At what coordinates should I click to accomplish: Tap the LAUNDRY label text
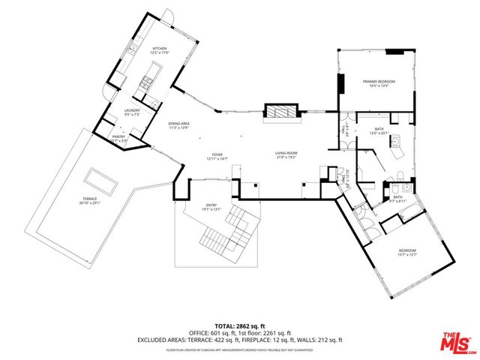132,112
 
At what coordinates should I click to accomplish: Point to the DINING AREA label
178,124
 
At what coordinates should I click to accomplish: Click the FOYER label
217,154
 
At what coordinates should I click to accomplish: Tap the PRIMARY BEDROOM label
379,82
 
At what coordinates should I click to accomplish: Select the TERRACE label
90,199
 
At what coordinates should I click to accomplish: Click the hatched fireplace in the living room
282,112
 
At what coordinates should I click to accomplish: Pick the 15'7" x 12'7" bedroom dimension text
407,254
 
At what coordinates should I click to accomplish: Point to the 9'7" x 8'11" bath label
399,201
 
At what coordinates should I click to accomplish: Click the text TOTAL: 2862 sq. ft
240,325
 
